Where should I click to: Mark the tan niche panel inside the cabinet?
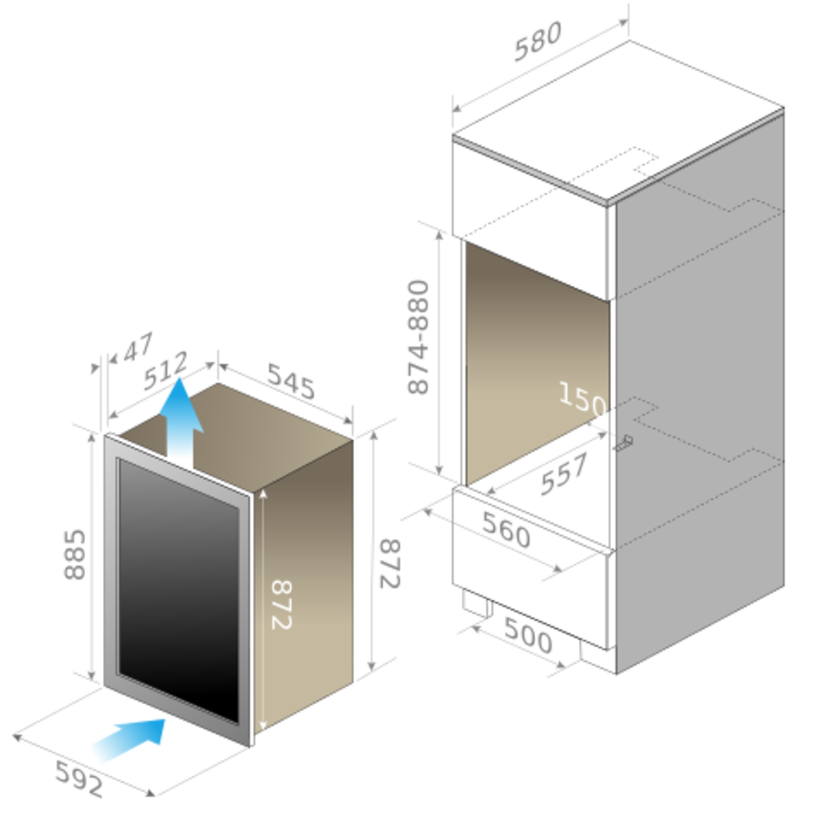[529, 353]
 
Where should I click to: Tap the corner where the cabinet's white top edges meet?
[609, 202]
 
